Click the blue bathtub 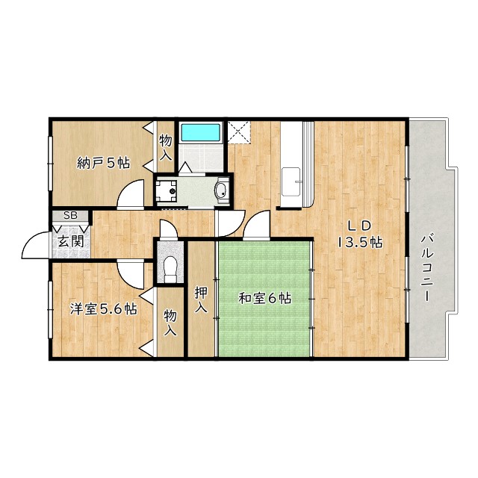pyautogui.click(x=201, y=132)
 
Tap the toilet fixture pyautogui.click(x=170, y=269)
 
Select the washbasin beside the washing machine pyautogui.click(x=222, y=190)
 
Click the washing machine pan pyautogui.click(x=166, y=191)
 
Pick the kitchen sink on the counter pyautogui.click(x=292, y=181)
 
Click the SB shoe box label pyautogui.click(x=70, y=216)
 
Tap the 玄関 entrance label pyautogui.click(x=71, y=242)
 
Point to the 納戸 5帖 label pyautogui.click(x=104, y=163)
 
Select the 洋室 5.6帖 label pyautogui.click(x=104, y=308)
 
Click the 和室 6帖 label pyautogui.click(x=264, y=298)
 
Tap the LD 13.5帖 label pyautogui.click(x=360, y=234)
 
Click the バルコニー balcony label pyautogui.click(x=426, y=267)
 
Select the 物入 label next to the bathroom pyautogui.click(x=166, y=148)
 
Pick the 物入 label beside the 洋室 pyautogui.click(x=170, y=323)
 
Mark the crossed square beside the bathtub pyautogui.click(x=239, y=131)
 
